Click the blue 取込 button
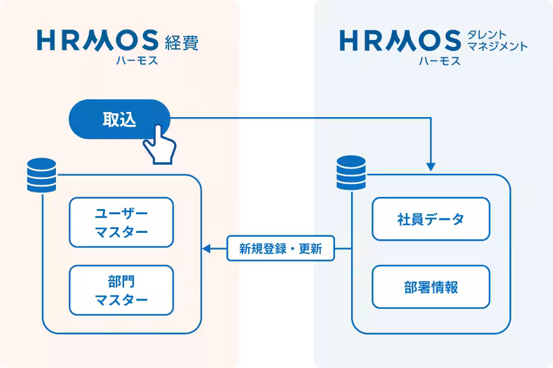pos(119,119)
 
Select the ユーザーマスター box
pos(121,223)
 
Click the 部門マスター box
pos(121,290)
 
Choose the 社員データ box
pos(431,219)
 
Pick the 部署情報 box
pos(431,287)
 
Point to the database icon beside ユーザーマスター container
pos(42,175)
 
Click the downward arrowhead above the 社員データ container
pos(430,167)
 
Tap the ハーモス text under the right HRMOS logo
pos(439,61)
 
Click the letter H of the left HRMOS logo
pos(48,40)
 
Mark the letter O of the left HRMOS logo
pos(125,40)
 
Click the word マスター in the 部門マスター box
pos(121,300)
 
